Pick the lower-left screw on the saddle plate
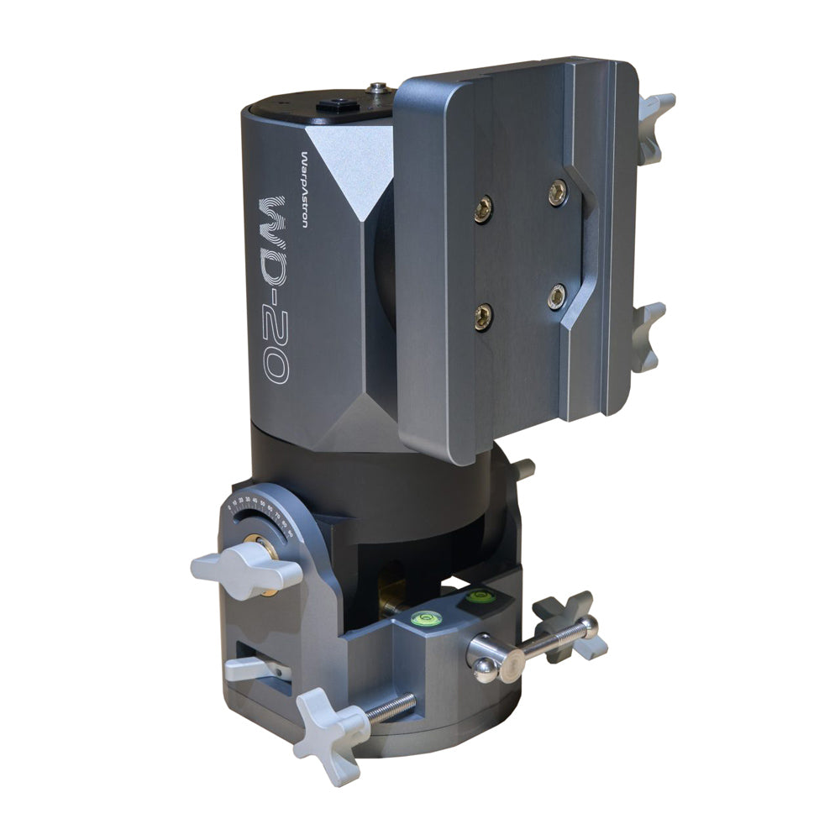click(x=484, y=317)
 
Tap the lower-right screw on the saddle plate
click(x=556, y=297)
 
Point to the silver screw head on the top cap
click(x=379, y=87)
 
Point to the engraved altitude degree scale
click(x=260, y=508)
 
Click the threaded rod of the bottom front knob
click(x=391, y=708)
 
